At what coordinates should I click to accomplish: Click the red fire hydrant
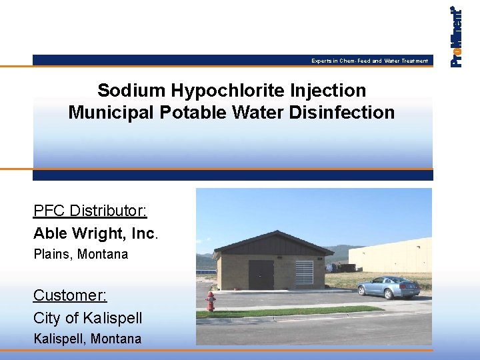(x=211, y=301)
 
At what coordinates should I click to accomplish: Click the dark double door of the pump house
(x=261, y=275)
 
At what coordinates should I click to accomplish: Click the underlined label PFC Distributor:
(x=90, y=211)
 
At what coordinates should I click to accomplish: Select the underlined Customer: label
(x=70, y=295)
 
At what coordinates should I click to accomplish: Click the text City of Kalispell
(x=87, y=317)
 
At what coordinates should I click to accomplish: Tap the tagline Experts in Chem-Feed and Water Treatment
(x=369, y=61)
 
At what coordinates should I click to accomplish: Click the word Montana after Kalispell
(x=116, y=339)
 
